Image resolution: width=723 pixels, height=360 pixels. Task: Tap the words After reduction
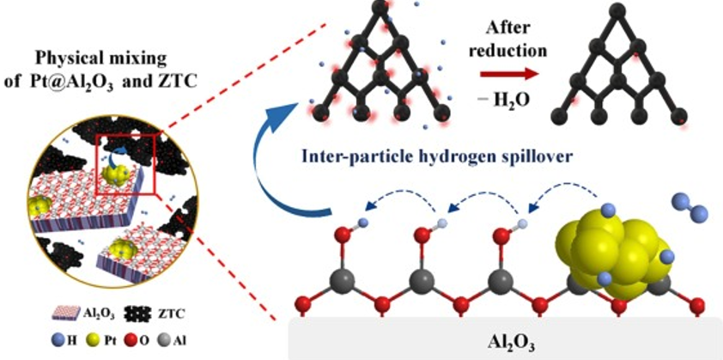coord(514,35)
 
